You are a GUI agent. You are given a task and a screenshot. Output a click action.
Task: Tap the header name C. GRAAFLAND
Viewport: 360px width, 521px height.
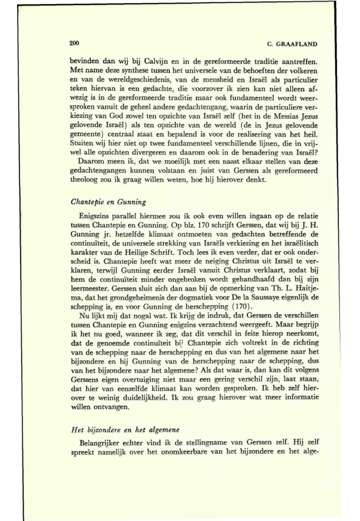[293, 44]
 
